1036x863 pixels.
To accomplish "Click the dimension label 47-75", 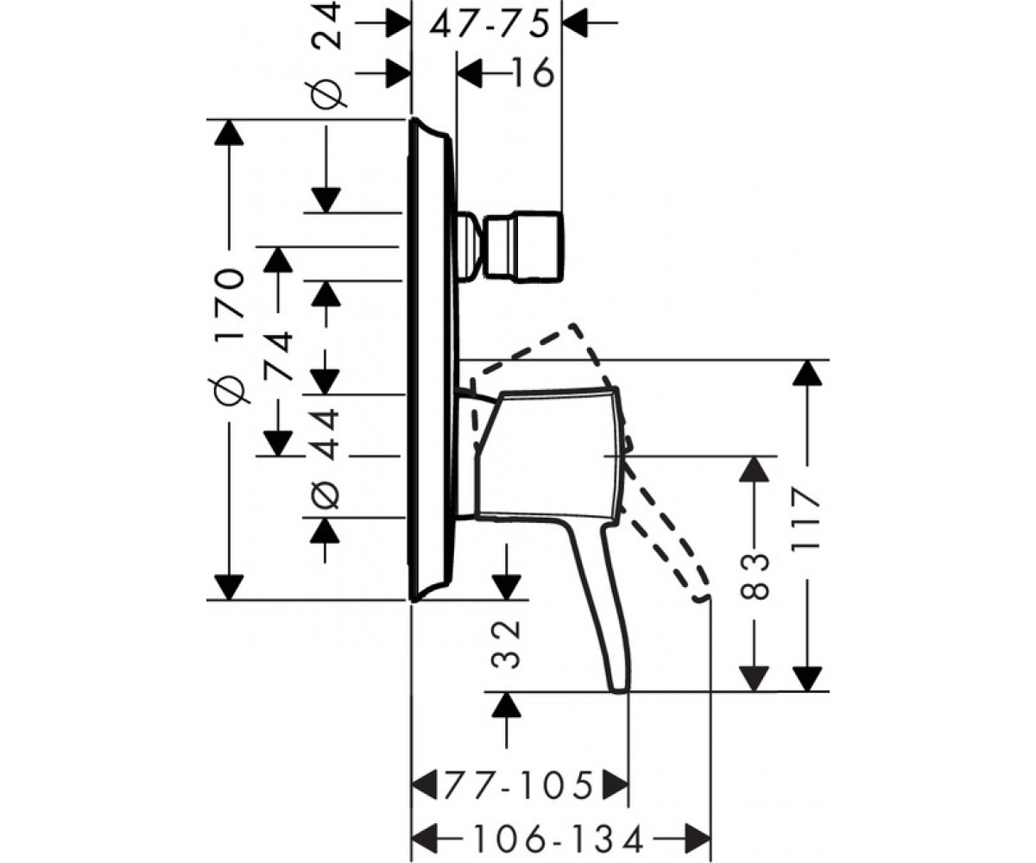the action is point(490,25).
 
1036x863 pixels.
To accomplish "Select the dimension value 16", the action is point(532,72).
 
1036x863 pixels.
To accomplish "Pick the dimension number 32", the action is point(507,644).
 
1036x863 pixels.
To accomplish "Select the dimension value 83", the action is point(755,576).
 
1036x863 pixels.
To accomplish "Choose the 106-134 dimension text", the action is point(558,839).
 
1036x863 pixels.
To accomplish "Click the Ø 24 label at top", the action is point(327,54).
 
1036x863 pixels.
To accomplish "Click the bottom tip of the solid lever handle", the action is point(620,690).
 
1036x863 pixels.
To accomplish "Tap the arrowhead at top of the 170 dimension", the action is point(229,132).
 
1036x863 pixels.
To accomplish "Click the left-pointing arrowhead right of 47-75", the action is point(576,22).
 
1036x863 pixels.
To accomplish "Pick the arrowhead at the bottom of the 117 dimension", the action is point(806,678).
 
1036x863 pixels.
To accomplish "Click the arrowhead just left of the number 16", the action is point(469,72).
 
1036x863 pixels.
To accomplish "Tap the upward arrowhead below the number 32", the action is point(507,704).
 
